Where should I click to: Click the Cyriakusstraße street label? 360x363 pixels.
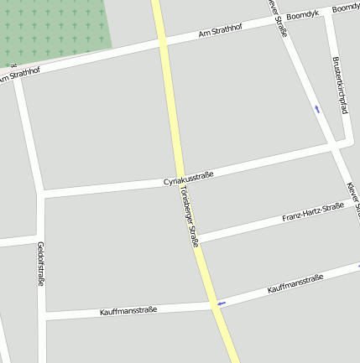[x=189, y=179]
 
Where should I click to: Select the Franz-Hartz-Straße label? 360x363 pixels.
[x=313, y=212]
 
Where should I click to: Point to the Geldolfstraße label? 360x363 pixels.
[x=40, y=264]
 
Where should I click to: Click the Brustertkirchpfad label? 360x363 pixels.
[x=340, y=86]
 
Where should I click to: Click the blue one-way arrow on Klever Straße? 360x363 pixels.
[x=316, y=108]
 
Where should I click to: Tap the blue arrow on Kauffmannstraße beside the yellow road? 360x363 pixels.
[x=222, y=303]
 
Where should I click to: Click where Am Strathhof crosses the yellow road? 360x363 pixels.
[x=162, y=42]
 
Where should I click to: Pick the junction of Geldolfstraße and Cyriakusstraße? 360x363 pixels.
[x=40, y=194]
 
